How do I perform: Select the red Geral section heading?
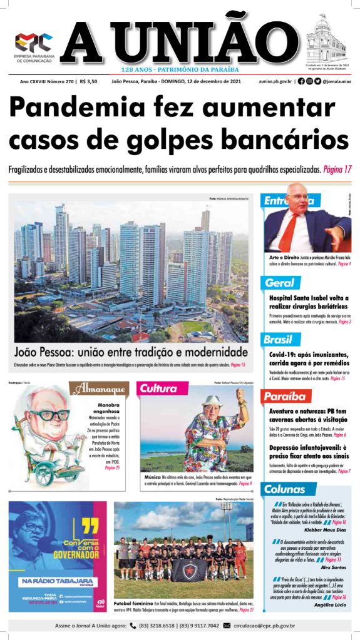(279, 283)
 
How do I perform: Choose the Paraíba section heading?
(284, 397)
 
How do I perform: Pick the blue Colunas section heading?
(285, 489)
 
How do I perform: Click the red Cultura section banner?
(158, 389)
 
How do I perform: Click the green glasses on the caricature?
(52, 415)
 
